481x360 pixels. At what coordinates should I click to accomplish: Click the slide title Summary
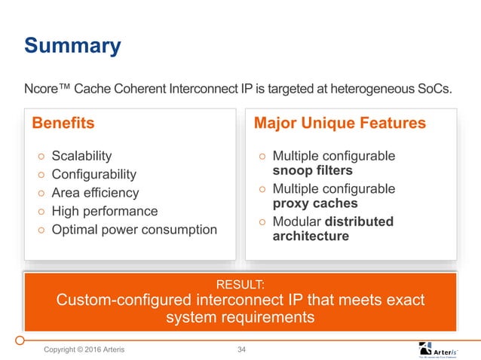(x=72, y=46)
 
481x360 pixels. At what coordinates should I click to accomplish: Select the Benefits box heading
(x=63, y=123)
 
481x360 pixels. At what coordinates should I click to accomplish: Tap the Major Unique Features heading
(x=340, y=123)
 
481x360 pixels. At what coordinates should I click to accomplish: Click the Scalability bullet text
(x=81, y=156)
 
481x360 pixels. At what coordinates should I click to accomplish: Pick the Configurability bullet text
(x=94, y=175)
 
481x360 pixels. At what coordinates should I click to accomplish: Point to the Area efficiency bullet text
(x=95, y=193)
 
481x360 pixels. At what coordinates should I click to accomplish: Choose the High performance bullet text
(x=105, y=211)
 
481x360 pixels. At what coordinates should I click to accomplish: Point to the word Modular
(x=296, y=221)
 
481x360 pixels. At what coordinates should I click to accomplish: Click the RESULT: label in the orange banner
(x=240, y=285)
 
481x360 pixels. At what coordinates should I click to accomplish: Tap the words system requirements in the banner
(x=240, y=318)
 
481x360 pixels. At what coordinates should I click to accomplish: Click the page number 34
(x=242, y=349)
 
